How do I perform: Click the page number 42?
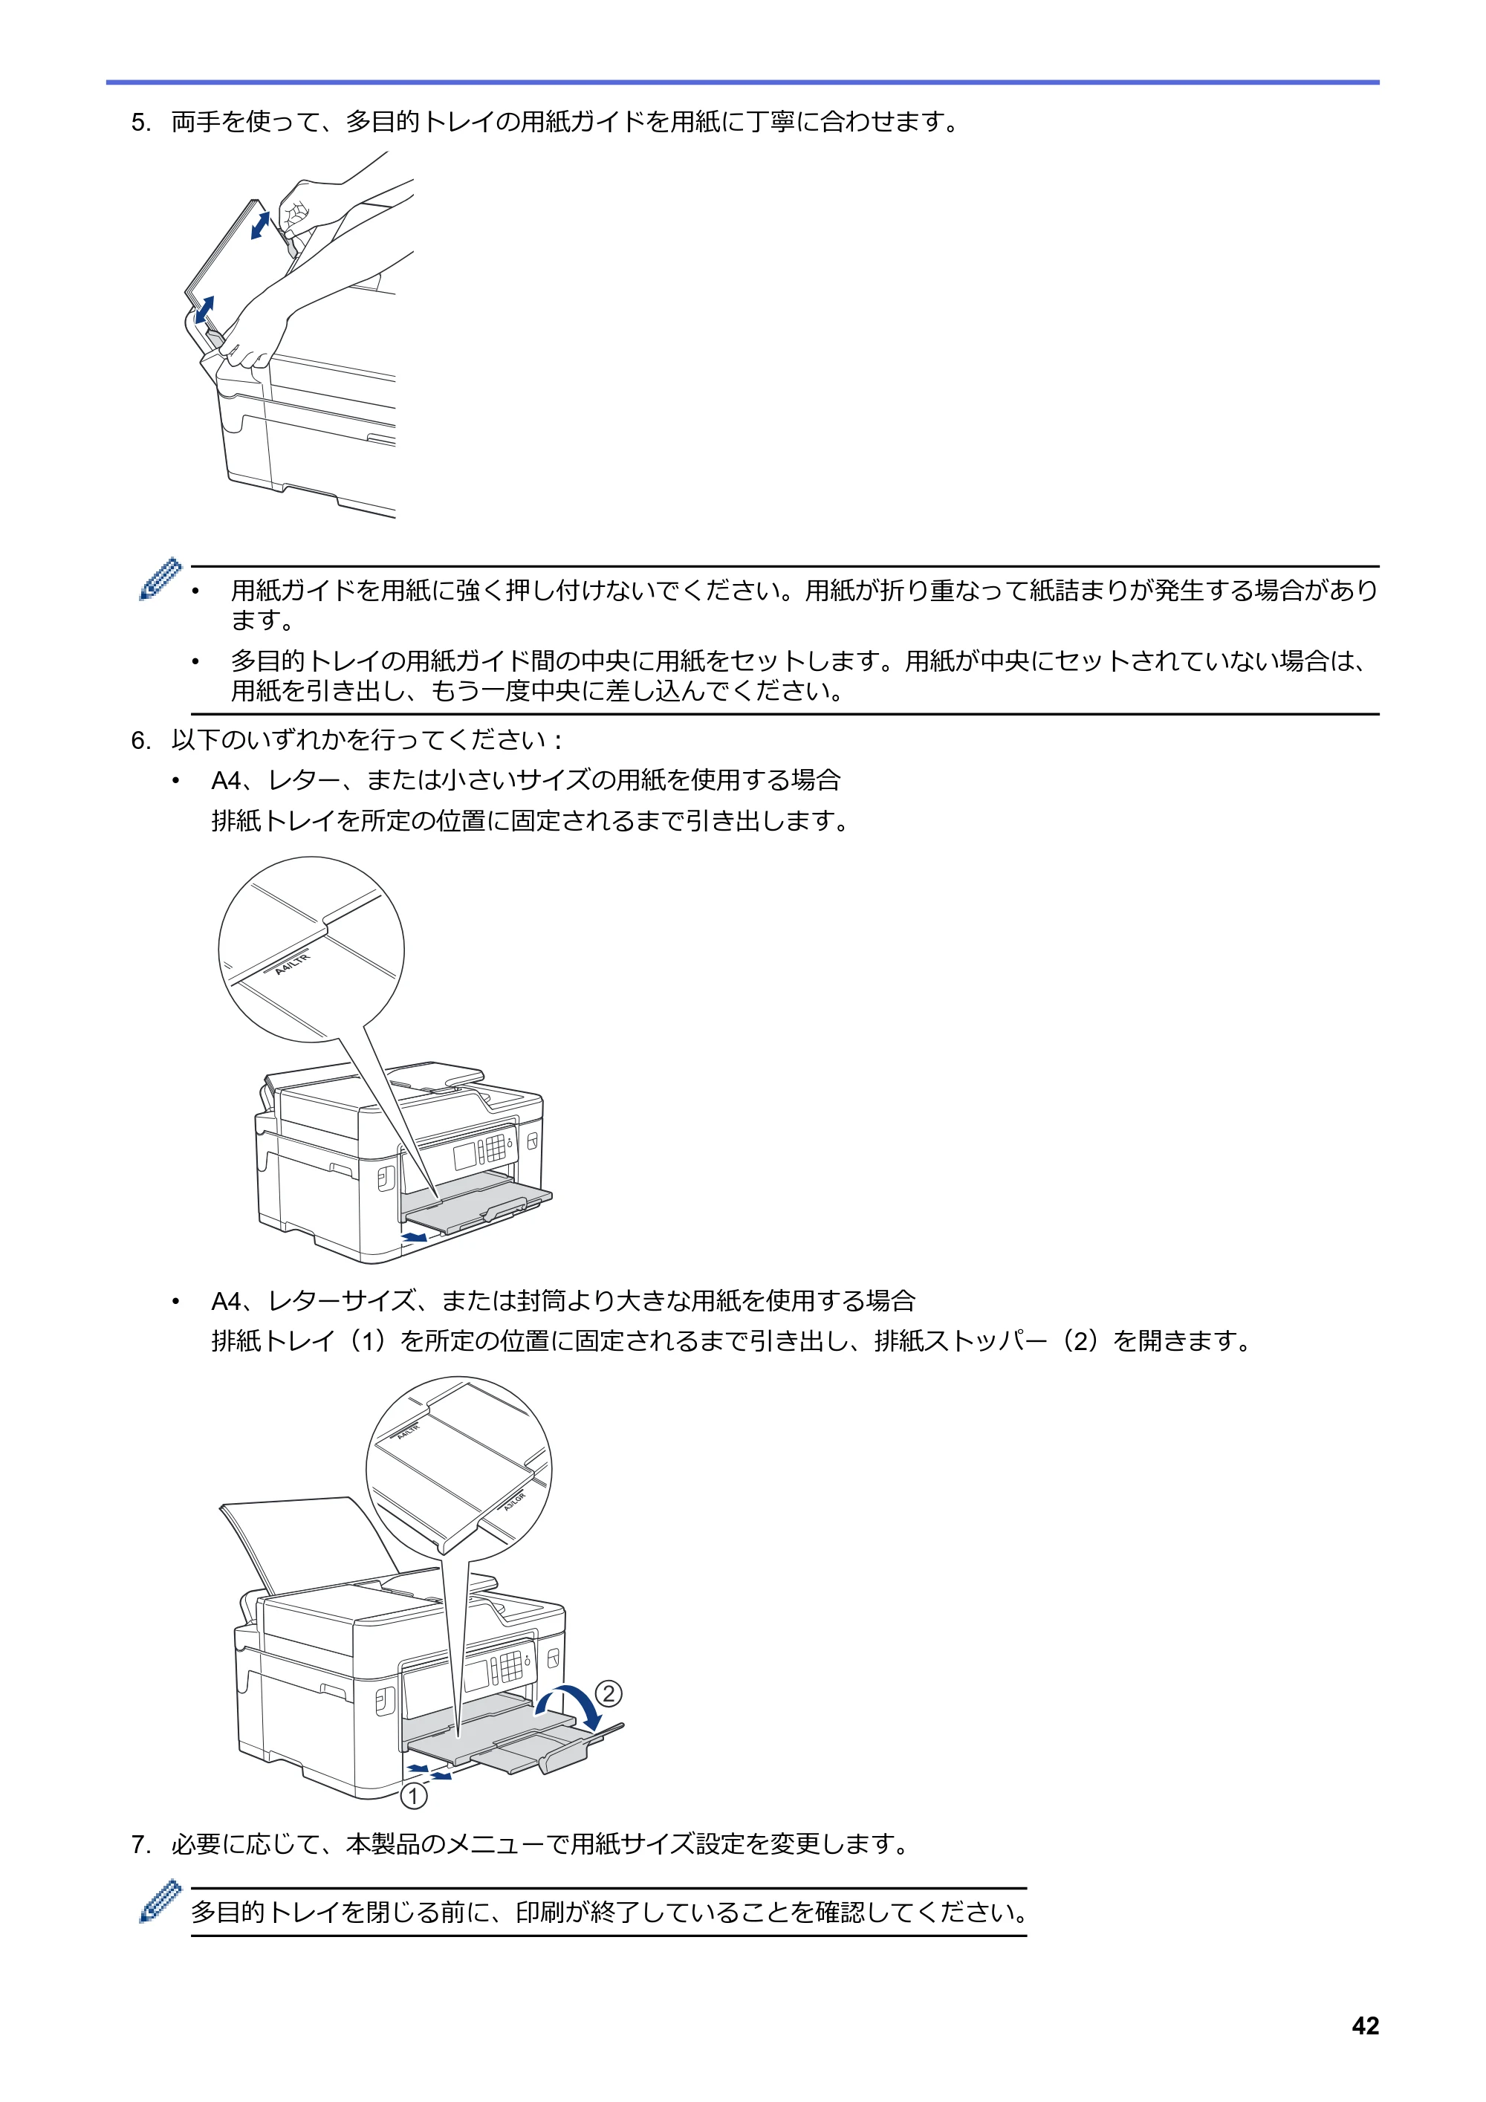[x=1364, y=2026]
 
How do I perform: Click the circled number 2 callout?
[x=609, y=1693]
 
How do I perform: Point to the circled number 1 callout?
[x=414, y=1796]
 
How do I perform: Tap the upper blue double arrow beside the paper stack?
[x=260, y=225]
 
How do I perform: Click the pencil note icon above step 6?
[x=160, y=579]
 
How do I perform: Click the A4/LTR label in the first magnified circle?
[x=293, y=964]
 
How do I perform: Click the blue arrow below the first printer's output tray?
[x=415, y=1237]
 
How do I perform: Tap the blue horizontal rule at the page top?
[x=742, y=82]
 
